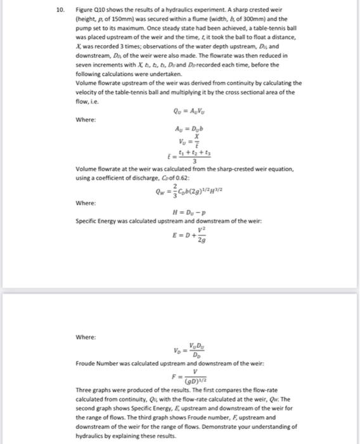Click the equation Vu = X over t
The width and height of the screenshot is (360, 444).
184,140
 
